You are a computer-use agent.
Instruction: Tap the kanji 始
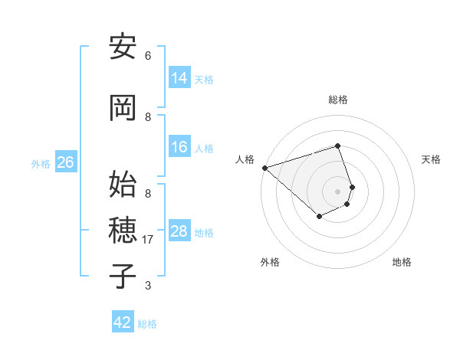pos(123,185)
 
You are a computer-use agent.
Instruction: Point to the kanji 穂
pos(123,231)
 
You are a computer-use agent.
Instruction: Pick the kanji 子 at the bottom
pos(123,277)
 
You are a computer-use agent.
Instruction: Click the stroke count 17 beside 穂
pos(149,240)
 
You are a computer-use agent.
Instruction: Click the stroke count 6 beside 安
pos(148,56)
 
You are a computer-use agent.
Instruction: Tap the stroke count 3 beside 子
pos(148,286)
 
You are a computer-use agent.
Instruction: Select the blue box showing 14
pos(179,77)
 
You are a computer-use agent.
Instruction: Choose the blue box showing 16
pos(179,147)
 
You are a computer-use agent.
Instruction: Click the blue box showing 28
pos(179,231)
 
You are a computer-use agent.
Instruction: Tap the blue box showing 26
pos(65,162)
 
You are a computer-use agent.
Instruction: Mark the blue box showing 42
pos(123,322)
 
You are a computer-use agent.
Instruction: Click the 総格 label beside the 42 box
pos(147,324)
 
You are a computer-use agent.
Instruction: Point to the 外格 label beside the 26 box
pos(41,164)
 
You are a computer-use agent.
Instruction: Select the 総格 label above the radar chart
pos(337,100)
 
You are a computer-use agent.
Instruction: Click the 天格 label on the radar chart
pos(431,159)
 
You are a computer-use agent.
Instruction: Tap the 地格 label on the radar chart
pos(402,262)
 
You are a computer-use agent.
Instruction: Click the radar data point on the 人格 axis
pos(264,168)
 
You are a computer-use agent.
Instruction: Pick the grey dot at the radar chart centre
pos(337,191)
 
